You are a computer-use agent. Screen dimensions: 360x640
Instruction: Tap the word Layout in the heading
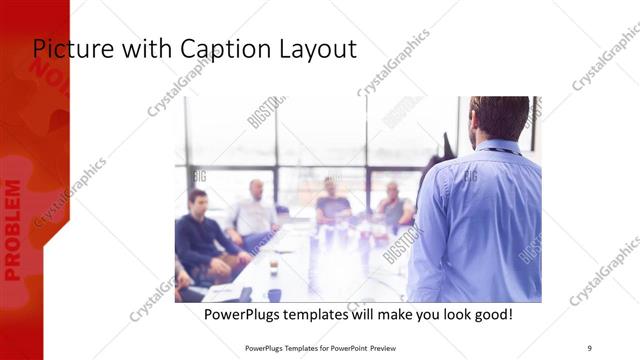[x=308, y=49]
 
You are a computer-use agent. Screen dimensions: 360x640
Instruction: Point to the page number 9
[x=589, y=347]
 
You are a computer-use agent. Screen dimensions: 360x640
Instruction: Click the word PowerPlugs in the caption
[x=242, y=314]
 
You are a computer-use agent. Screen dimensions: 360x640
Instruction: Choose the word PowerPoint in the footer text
[x=344, y=347]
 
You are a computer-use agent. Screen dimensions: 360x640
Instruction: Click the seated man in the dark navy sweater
[x=199, y=232]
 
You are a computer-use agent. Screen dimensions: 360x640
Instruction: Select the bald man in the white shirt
[x=254, y=213]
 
